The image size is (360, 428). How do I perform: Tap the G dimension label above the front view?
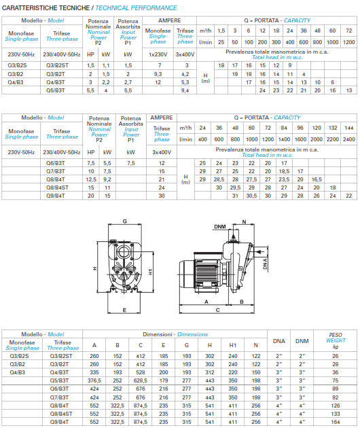[124, 221]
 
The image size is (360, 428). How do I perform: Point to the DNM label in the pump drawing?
[219, 226]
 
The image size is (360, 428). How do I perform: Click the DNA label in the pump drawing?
[265, 260]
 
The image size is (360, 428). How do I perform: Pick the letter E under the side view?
[214, 309]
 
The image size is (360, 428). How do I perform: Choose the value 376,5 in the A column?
[94, 380]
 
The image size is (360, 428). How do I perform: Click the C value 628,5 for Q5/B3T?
[140, 380]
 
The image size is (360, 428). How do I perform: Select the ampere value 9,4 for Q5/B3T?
[185, 89]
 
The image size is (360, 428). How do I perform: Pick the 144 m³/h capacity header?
[348, 127]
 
